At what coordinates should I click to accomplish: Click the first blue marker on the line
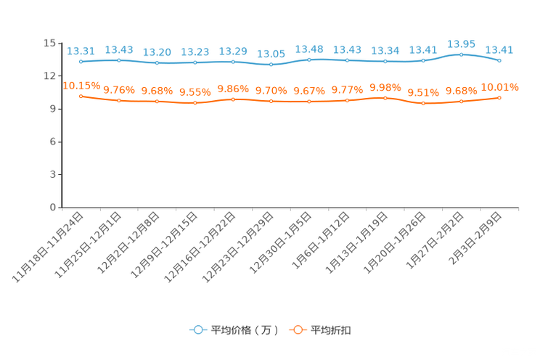coord(81,62)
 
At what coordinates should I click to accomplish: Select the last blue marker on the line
coord(499,61)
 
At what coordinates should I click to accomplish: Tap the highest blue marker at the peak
coord(462,54)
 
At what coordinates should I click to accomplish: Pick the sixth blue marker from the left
coord(271,65)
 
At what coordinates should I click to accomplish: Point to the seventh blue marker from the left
coord(309,60)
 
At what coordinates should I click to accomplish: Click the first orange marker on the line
coord(81,96)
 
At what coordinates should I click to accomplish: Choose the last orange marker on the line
coord(499,97)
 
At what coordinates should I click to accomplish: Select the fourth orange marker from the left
coord(195,103)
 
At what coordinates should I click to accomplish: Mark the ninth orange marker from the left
coord(385,97)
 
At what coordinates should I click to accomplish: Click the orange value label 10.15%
coord(81,85)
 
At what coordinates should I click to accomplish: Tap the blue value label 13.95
coord(462,44)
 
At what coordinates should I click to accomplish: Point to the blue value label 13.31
coord(81,51)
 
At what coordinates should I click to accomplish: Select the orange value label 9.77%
coord(347,90)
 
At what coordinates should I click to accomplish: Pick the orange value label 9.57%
coord(195,92)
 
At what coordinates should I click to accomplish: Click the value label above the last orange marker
coord(499,86)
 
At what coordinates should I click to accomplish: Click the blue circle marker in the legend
coord(197,330)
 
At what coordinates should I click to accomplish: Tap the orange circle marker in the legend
coord(298,330)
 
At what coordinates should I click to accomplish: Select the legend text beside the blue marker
coord(245,330)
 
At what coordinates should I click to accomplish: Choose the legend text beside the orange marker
coord(332,330)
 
